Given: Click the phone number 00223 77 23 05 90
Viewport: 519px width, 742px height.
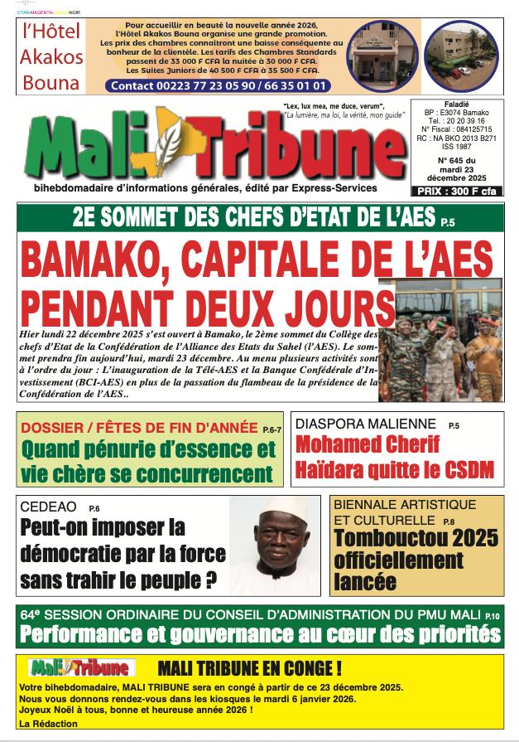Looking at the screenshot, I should pos(211,85).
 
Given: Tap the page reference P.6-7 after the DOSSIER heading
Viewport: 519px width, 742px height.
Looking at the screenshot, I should pos(272,429).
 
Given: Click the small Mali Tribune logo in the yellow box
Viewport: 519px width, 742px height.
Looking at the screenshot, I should pos(79,667).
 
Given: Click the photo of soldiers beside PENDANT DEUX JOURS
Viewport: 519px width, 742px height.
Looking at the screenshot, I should pos(447,340).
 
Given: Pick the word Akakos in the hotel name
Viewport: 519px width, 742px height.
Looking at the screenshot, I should pos(51,58).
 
